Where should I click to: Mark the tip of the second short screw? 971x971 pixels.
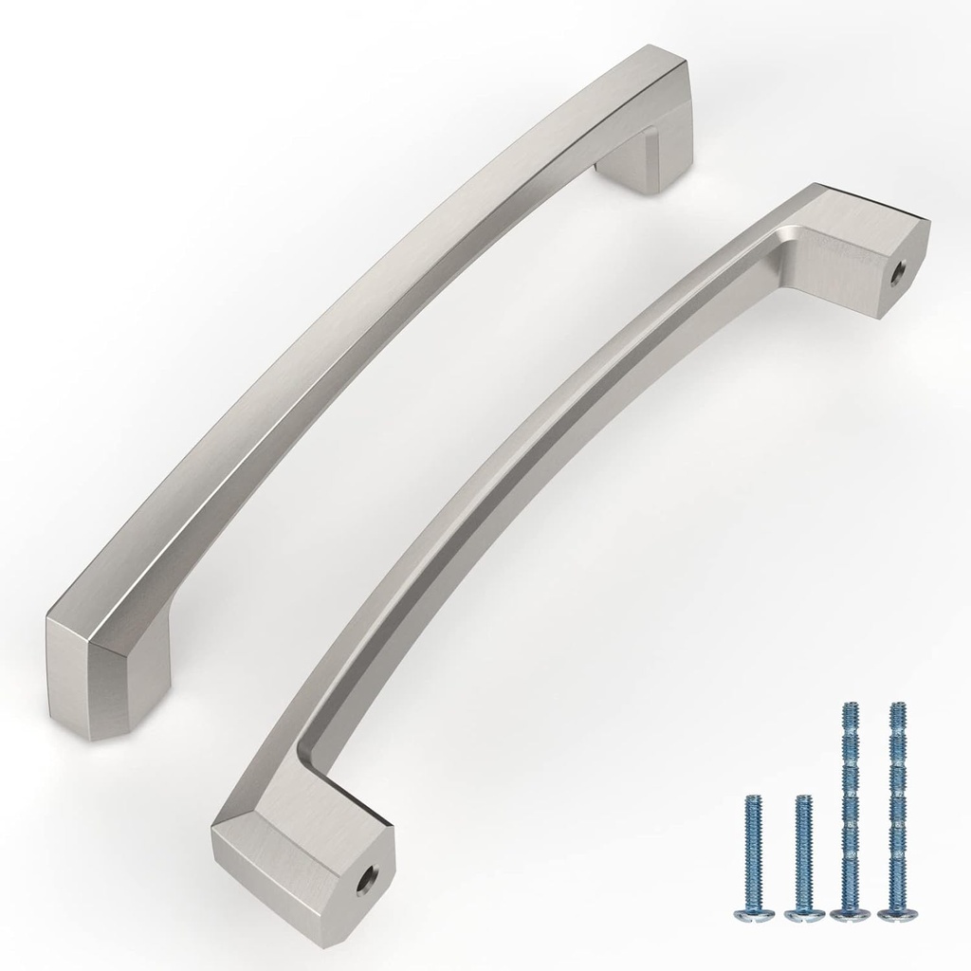[x=803, y=798]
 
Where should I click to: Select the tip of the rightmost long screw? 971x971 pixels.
[x=892, y=706]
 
